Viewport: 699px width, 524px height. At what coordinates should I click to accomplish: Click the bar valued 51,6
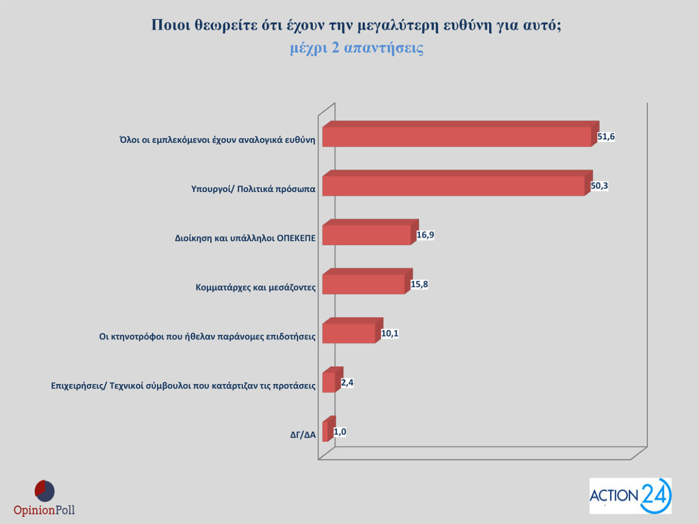456,137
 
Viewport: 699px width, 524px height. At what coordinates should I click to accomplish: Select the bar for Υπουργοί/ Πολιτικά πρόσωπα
453,186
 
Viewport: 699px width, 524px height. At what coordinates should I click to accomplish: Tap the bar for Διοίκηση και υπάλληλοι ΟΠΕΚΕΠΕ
366,235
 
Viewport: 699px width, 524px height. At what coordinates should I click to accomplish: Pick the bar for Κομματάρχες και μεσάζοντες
363,284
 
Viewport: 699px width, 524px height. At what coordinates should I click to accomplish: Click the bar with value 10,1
348,333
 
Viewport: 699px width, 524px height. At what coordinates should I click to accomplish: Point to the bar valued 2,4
329,383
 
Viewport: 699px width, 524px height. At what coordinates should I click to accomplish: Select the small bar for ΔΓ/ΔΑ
325,432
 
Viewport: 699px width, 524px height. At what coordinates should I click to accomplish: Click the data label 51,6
606,137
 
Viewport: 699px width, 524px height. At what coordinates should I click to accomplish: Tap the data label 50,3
599,185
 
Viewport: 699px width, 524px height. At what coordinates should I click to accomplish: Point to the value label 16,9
425,235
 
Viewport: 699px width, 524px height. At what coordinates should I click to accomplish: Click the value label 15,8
419,284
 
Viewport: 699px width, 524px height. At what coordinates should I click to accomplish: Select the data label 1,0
340,432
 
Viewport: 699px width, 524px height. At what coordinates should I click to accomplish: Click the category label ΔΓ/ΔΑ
303,435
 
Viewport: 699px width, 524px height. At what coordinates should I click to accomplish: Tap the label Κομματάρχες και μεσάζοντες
255,287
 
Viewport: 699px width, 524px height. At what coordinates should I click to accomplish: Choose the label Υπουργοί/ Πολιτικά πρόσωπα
253,189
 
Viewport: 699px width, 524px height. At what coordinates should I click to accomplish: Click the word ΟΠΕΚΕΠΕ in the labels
296,238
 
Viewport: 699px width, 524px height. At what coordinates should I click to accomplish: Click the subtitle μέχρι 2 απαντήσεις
356,48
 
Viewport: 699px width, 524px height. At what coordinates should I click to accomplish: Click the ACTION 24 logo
630,496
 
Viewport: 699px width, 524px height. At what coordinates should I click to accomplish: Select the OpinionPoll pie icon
45,491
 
